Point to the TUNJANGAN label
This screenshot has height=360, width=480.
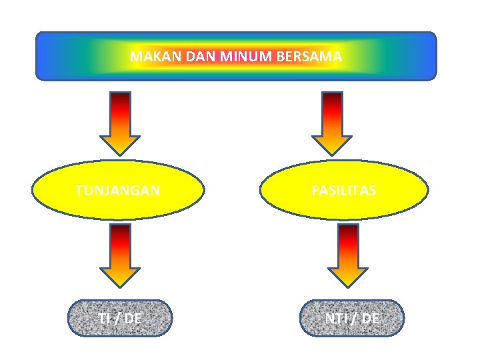click(118, 191)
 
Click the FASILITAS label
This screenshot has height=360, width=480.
click(344, 191)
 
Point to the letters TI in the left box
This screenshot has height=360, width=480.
click(104, 319)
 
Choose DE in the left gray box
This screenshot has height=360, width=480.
click(133, 319)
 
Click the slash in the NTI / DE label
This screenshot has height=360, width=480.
click(353, 319)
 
